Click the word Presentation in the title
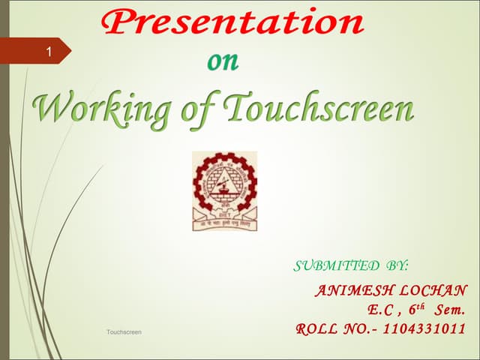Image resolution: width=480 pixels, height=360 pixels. point(232,22)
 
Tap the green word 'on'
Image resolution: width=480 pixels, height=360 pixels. point(223,62)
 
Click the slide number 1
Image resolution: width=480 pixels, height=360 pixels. point(49,52)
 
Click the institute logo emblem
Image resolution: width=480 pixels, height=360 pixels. point(224,190)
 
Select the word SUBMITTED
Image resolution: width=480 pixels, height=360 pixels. point(336,265)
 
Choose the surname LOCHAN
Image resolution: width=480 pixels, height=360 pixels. point(435,290)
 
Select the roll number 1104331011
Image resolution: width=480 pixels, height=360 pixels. point(424,328)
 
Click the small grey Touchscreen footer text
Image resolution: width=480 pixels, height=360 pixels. point(124,331)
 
